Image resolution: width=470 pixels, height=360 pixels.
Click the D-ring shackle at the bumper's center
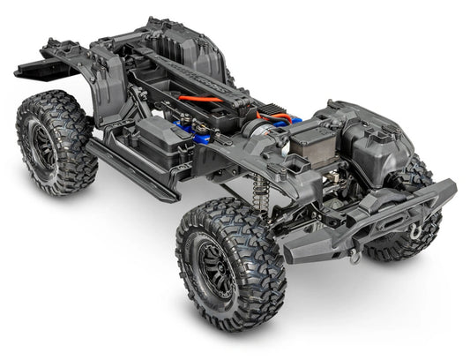pyautogui.click(x=354, y=256)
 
